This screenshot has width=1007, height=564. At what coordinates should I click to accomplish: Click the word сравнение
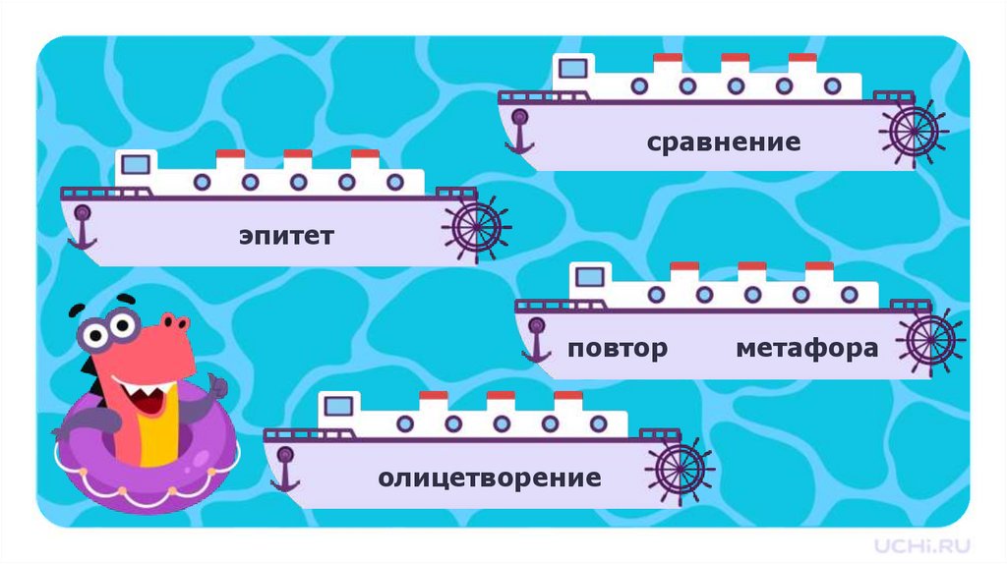[723, 143]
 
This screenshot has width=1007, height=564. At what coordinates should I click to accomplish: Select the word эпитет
[286, 237]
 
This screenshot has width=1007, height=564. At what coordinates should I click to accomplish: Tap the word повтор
[618, 349]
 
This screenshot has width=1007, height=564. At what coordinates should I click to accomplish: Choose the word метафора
[806, 349]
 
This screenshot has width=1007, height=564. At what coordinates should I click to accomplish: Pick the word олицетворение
[489, 479]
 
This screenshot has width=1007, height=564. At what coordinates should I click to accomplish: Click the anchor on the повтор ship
[537, 339]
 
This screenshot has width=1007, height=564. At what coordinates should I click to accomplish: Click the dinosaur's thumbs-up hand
[208, 386]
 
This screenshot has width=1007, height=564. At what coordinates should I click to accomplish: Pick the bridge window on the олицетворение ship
[338, 404]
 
